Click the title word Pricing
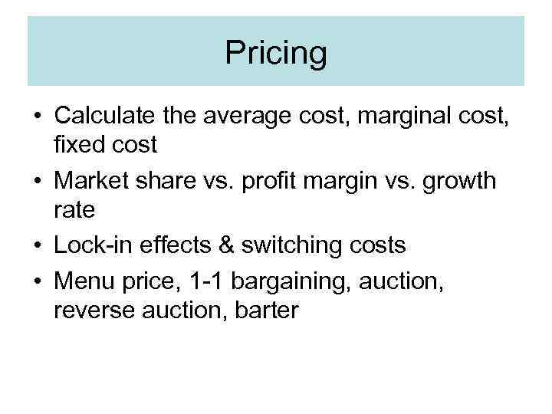pyautogui.click(x=276, y=54)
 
